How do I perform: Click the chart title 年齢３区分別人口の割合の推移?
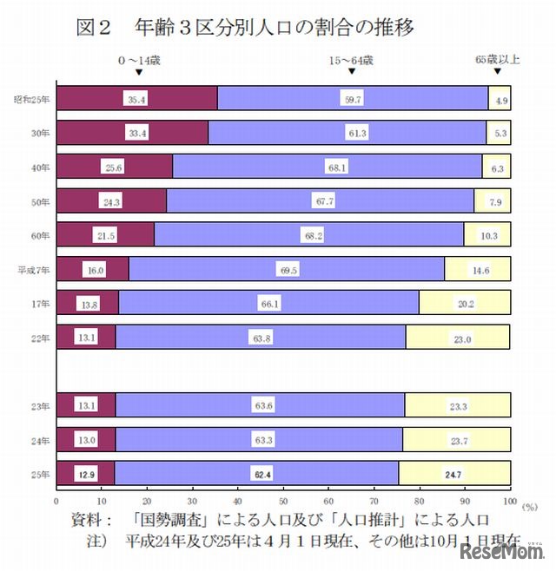click(274, 27)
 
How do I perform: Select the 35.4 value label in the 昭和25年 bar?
click(136, 100)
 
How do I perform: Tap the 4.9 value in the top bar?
click(501, 101)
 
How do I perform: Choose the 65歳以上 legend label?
click(497, 60)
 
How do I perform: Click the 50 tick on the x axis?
click(283, 501)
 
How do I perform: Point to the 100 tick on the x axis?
click(510, 501)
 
